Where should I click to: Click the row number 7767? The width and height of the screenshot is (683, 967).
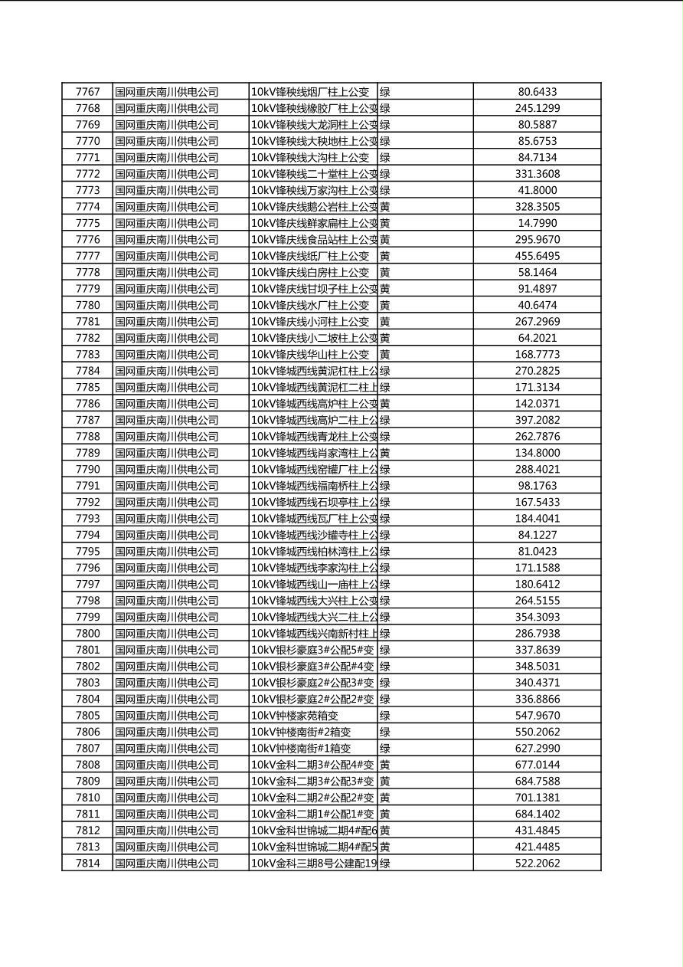click(87, 92)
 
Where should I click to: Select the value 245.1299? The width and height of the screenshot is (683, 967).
click(537, 109)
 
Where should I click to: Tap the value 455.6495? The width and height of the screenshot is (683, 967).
click(537, 256)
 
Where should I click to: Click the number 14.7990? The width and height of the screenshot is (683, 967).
click(537, 223)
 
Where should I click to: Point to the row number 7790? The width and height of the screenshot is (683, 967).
click(87, 469)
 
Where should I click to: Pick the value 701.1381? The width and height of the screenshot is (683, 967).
click(537, 798)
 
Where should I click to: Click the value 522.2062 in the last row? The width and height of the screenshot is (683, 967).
click(537, 864)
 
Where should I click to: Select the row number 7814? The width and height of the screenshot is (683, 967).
click(87, 864)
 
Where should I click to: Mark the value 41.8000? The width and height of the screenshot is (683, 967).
click(537, 190)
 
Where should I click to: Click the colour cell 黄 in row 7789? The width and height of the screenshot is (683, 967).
click(385, 453)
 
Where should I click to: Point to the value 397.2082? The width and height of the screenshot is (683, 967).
click(537, 420)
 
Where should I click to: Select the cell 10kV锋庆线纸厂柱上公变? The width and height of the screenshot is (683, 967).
click(310, 256)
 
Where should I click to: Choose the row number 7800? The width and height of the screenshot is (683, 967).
click(87, 634)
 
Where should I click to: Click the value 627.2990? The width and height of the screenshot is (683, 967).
click(537, 749)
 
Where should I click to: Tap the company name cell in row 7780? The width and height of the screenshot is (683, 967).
click(167, 305)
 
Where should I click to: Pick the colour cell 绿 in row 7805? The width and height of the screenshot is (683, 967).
click(385, 716)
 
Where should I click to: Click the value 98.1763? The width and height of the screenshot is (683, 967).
click(537, 486)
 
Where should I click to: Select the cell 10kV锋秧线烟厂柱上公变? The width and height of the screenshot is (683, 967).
click(310, 92)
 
